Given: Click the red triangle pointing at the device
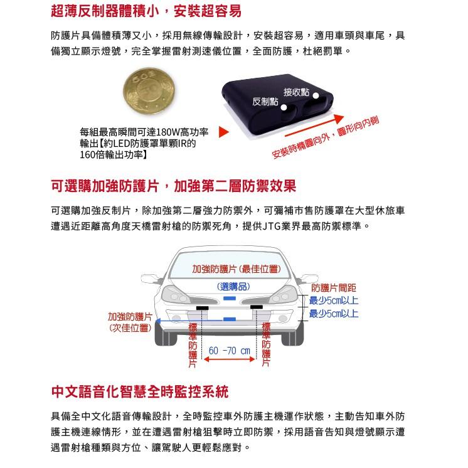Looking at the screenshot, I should tap(224, 133).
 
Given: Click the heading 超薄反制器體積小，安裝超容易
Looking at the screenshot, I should tap(146, 11).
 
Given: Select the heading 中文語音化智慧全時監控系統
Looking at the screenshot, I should tap(139, 392).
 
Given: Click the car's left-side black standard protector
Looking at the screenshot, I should tap(203, 307).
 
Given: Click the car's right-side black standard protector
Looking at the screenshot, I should tap(257, 307).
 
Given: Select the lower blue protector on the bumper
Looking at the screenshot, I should tap(230, 319).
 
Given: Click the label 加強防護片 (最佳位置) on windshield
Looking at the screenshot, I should tap(235, 269).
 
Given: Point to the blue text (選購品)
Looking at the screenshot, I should tap(233, 286).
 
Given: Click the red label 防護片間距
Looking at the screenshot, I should tap(333, 287).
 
